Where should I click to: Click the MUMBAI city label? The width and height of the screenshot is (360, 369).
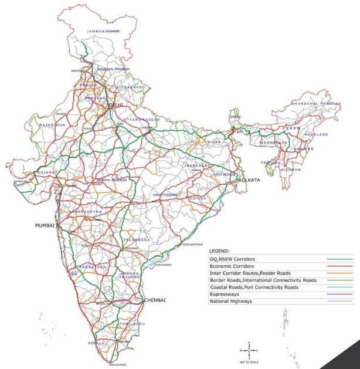pos(45,225)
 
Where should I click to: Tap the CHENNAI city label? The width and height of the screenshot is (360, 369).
pos(154,300)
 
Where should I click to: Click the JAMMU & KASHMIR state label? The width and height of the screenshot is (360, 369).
pos(103,31)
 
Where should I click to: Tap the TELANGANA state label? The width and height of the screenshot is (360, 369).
pos(137,239)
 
